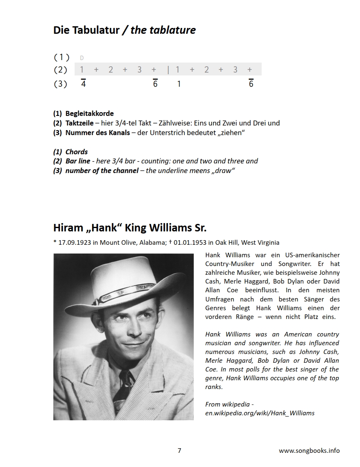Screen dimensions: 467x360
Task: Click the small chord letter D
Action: coord(82,58)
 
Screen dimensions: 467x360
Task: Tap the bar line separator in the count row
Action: coord(168,70)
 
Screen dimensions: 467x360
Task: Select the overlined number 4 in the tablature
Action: coord(83,84)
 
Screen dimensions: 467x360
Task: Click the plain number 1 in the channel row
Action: coord(179,84)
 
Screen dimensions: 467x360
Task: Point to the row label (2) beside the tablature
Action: coord(61,70)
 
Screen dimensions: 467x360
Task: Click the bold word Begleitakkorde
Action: coord(90,113)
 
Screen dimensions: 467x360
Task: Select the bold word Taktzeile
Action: coord(80,123)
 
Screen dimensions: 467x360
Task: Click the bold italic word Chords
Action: coord(77,152)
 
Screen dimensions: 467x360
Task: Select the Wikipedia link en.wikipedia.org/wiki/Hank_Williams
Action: coord(260,413)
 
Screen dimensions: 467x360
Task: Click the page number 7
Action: coord(179,450)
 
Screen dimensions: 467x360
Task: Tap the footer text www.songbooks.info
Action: coord(309,450)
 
